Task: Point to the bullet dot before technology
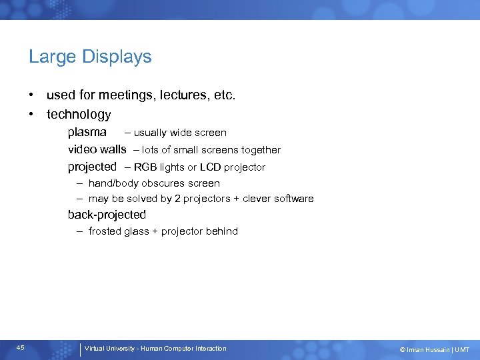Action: pos(31,115)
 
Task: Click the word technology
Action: pos(79,115)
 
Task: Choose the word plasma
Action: pos(87,132)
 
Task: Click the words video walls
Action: pos(97,149)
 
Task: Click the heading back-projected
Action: pos(107,215)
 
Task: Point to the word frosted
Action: pos(105,231)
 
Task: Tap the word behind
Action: pos(222,231)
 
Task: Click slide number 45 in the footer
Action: pos(21,348)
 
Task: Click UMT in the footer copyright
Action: pos(463,350)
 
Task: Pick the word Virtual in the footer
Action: pos(95,349)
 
